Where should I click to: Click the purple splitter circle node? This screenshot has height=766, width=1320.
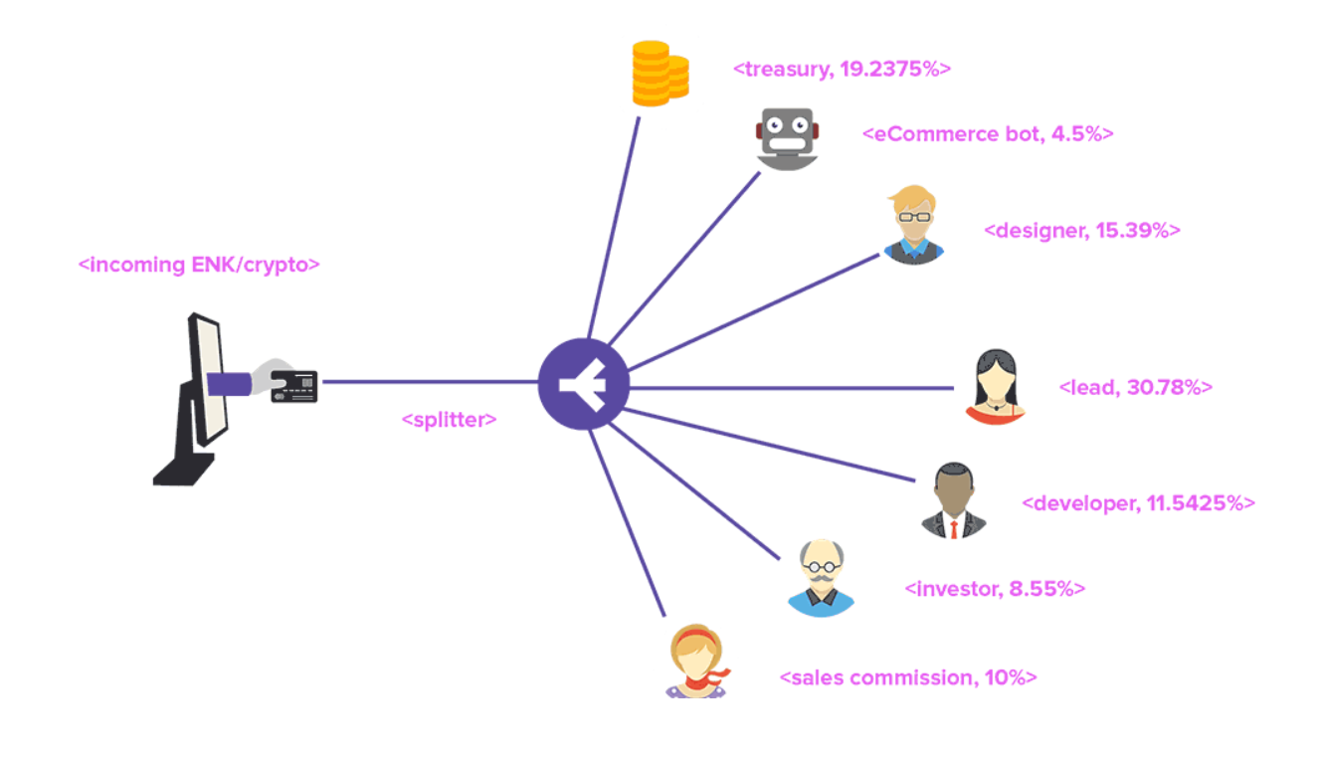tap(583, 383)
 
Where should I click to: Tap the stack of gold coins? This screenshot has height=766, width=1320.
tap(657, 74)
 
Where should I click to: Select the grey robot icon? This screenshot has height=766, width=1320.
tap(787, 137)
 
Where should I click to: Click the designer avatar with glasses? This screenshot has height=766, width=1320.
tap(913, 225)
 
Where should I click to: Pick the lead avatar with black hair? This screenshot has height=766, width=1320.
tap(994, 385)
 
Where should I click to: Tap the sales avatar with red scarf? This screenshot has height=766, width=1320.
tap(695, 661)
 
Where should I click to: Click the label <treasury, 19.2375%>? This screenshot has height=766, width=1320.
tap(842, 70)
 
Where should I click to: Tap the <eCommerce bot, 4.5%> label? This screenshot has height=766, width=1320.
tap(988, 134)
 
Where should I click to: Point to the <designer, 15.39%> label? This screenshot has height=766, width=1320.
tap(1081, 231)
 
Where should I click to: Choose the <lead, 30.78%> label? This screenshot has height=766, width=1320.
tap(1136, 387)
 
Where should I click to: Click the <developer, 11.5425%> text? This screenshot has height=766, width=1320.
tap(1138, 503)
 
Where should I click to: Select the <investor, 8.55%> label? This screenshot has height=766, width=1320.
tap(994, 589)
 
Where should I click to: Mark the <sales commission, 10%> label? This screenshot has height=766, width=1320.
tap(908, 677)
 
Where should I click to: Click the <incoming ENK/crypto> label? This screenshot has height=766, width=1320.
tap(199, 266)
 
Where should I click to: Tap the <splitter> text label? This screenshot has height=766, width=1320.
tap(449, 420)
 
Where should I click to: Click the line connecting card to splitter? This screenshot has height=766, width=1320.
tap(428, 381)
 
